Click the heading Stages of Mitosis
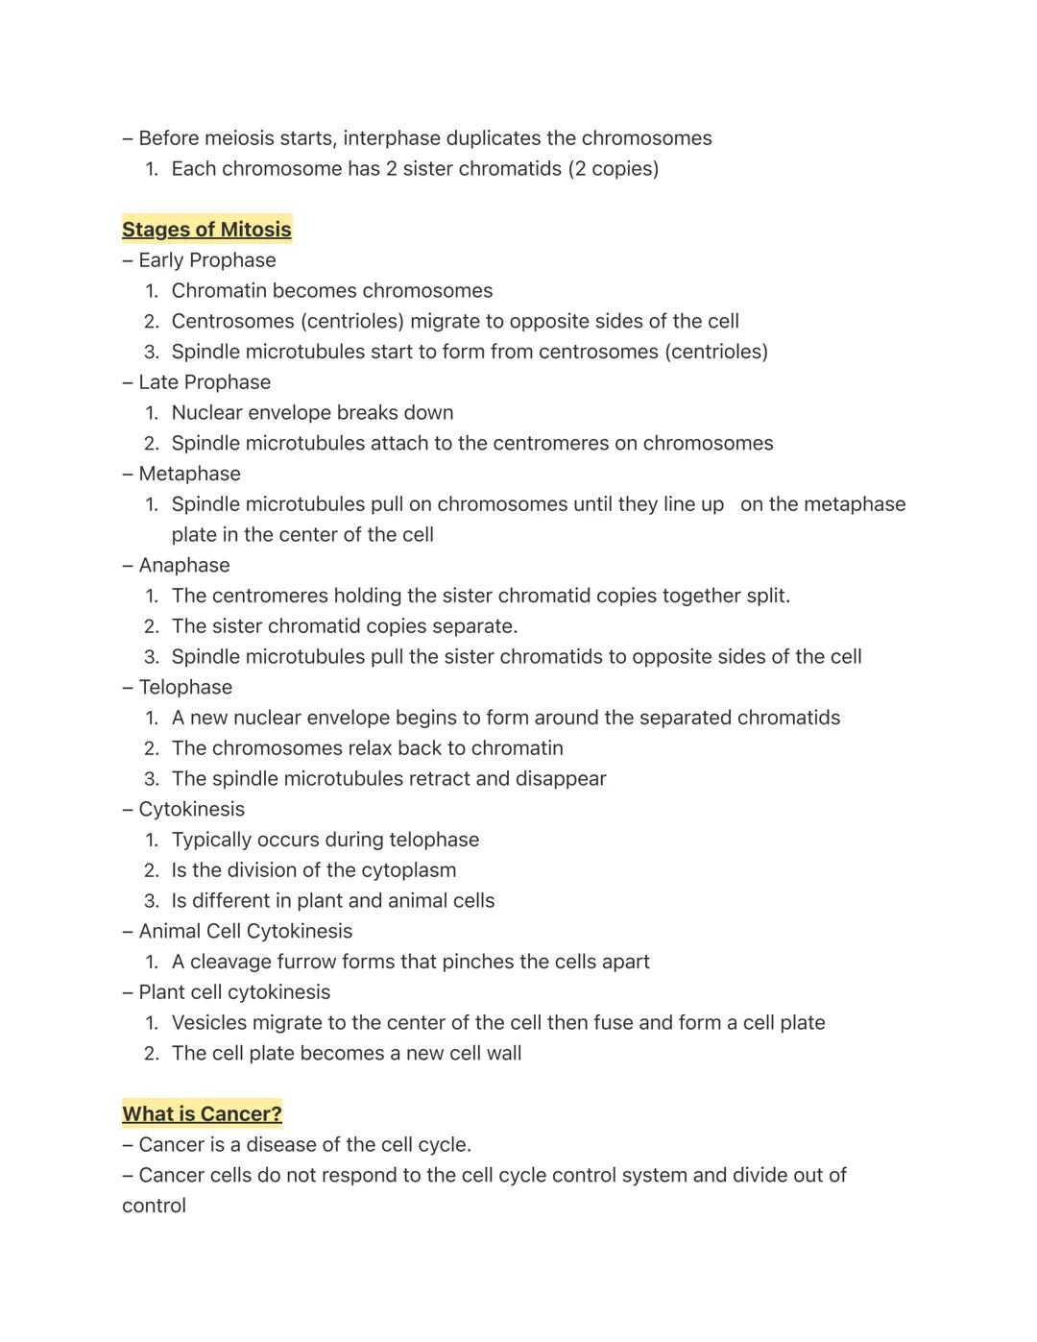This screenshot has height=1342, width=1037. pyautogui.click(x=206, y=230)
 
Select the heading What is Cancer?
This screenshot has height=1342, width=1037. pyautogui.click(x=202, y=1114)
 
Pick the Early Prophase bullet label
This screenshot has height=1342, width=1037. pyautogui.click(x=206, y=260)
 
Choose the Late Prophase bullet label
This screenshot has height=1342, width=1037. pyautogui.click(x=204, y=382)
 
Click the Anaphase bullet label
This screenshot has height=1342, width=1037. pyautogui.click(x=183, y=566)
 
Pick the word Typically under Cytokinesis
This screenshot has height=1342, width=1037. pyautogui.click(x=213, y=840)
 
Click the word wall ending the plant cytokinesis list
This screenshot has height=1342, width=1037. pyautogui.click(x=503, y=1054)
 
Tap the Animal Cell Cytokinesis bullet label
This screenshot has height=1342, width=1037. pyautogui.click(x=245, y=932)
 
